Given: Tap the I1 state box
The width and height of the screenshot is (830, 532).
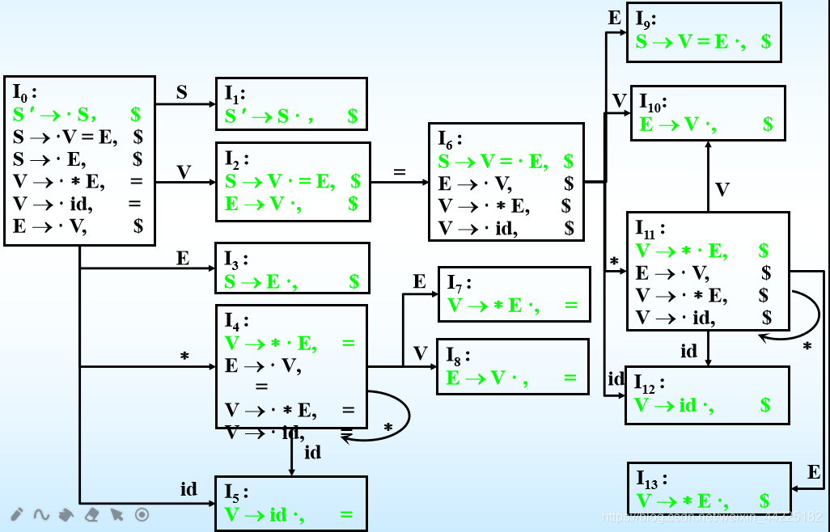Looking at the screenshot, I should coord(291,104).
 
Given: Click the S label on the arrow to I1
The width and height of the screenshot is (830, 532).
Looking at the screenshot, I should coord(181,92).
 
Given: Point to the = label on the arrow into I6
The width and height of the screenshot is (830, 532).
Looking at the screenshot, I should coord(398,171).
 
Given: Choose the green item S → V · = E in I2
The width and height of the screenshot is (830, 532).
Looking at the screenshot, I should coord(280,181).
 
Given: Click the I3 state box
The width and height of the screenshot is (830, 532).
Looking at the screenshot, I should coord(292,268).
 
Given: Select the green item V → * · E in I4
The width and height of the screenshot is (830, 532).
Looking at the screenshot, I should coord(271,344).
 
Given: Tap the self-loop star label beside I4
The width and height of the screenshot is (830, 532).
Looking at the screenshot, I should coord(388,426).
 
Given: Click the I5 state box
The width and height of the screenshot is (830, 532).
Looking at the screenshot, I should coord(290,503).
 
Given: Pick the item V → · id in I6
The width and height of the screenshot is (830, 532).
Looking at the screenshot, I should coord(477,229).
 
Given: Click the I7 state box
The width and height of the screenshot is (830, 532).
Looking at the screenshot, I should coord(514,293).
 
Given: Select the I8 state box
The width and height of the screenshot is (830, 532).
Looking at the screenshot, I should coord(513,366).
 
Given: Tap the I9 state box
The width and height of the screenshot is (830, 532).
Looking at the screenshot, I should coord(704,32).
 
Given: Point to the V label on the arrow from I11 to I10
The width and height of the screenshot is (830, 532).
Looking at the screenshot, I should coord(722,190).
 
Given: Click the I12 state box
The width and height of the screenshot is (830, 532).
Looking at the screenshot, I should coord(707,395).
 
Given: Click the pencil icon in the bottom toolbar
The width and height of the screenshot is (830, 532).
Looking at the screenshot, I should coord(16,514).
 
